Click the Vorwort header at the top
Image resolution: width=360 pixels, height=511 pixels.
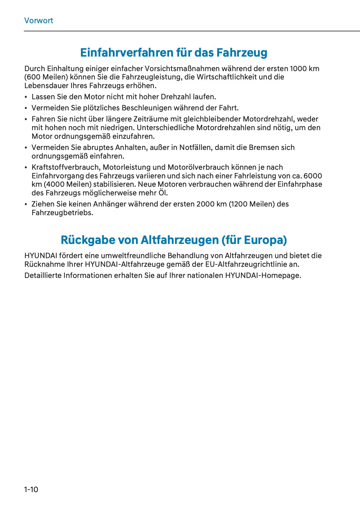click(x=39, y=21)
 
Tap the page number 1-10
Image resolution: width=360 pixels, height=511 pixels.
click(x=31, y=489)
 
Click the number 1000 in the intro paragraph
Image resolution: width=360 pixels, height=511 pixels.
click(x=298, y=69)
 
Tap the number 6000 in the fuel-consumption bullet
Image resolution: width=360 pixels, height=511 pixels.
click(x=313, y=176)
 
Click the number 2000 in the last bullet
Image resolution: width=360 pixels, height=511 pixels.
click(x=205, y=204)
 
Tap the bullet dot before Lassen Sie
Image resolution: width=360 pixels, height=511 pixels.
click(x=26, y=97)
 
